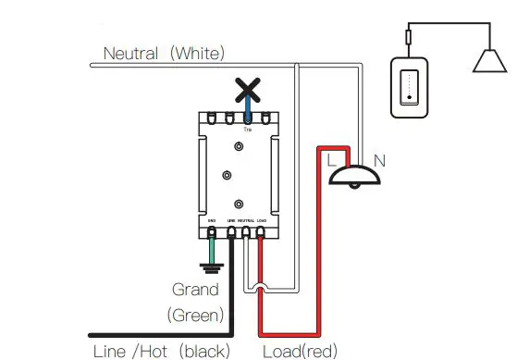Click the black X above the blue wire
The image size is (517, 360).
coord(246,91)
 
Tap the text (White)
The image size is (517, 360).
coord(197,53)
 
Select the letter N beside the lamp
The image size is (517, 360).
coord(378,161)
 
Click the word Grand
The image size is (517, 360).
coord(195,290)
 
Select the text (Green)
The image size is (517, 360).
coord(195,315)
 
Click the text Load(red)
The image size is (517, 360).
coord(300,351)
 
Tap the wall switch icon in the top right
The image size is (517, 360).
coord(407,86)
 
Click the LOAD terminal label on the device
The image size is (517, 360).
coord(261,220)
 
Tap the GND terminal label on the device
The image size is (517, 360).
coord(212,220)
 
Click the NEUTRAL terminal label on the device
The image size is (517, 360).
coord(245,220)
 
